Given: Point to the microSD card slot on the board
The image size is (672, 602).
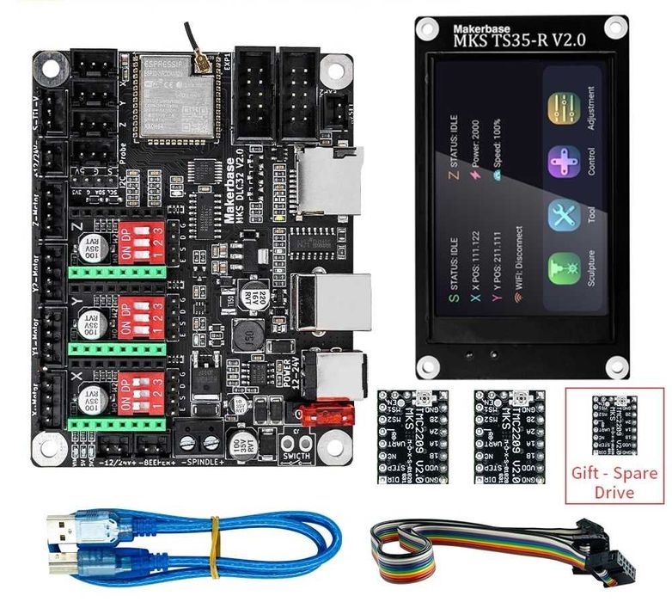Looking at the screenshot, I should click(x=330, y=181).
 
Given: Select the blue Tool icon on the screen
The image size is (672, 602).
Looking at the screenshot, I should click(x=566, y=215).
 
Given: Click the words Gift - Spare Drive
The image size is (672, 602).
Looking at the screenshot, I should click(x=614, y=482).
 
